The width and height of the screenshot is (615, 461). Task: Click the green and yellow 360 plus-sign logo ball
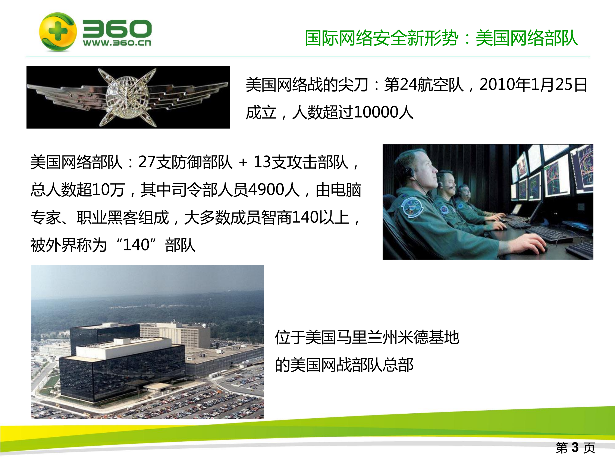click(x=57, y=32)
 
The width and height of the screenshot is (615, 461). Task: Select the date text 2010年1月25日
click(x=533, y=85)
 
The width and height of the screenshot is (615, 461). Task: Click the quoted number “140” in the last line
click(x=136, y=245)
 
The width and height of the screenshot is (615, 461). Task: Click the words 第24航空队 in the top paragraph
click(x=424, y=85)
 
